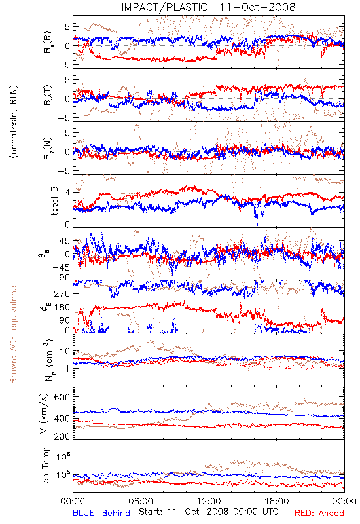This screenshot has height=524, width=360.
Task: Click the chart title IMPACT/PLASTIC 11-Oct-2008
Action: [x=208, y=7]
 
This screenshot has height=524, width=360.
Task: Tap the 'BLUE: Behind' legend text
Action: [x=101, y=513]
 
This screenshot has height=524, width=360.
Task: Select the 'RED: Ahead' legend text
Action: [x=319, y=513]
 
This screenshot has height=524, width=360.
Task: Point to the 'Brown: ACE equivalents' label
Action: [x=13, y=333]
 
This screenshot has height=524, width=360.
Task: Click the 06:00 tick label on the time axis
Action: [x=141, y=501]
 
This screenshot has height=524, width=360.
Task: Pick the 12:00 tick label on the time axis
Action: [x=209, y=501]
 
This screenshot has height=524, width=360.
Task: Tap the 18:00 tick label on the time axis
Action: [x=277, y=501]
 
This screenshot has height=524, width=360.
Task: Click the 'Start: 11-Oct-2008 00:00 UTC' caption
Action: [x=209, y=512]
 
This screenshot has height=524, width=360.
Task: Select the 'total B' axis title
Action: [x=54, y=201]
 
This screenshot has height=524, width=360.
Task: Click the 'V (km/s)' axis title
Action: [x=44, y=413]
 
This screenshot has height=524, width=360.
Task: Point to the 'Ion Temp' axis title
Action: [x=45, y=466]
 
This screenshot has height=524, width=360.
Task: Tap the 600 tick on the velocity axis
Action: [x=62, y=397]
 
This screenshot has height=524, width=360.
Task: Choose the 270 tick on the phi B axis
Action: [x=62, y=294]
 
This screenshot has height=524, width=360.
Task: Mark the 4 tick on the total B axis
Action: [x=68, y=193]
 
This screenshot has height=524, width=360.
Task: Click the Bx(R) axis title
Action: [x=47, y=42]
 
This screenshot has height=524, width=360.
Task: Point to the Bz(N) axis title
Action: [x=47, y=148]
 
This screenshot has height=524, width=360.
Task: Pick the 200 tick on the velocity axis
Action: [x=62, y=436]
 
